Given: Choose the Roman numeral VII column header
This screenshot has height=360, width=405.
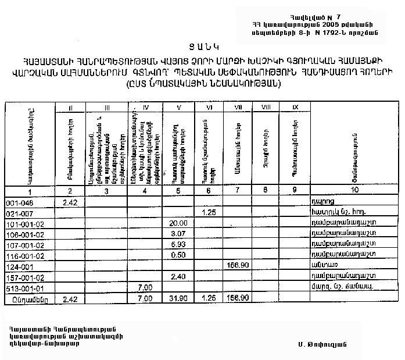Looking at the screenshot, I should click(238, 107).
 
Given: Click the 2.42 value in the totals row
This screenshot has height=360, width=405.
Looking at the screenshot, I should click(70, 298).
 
